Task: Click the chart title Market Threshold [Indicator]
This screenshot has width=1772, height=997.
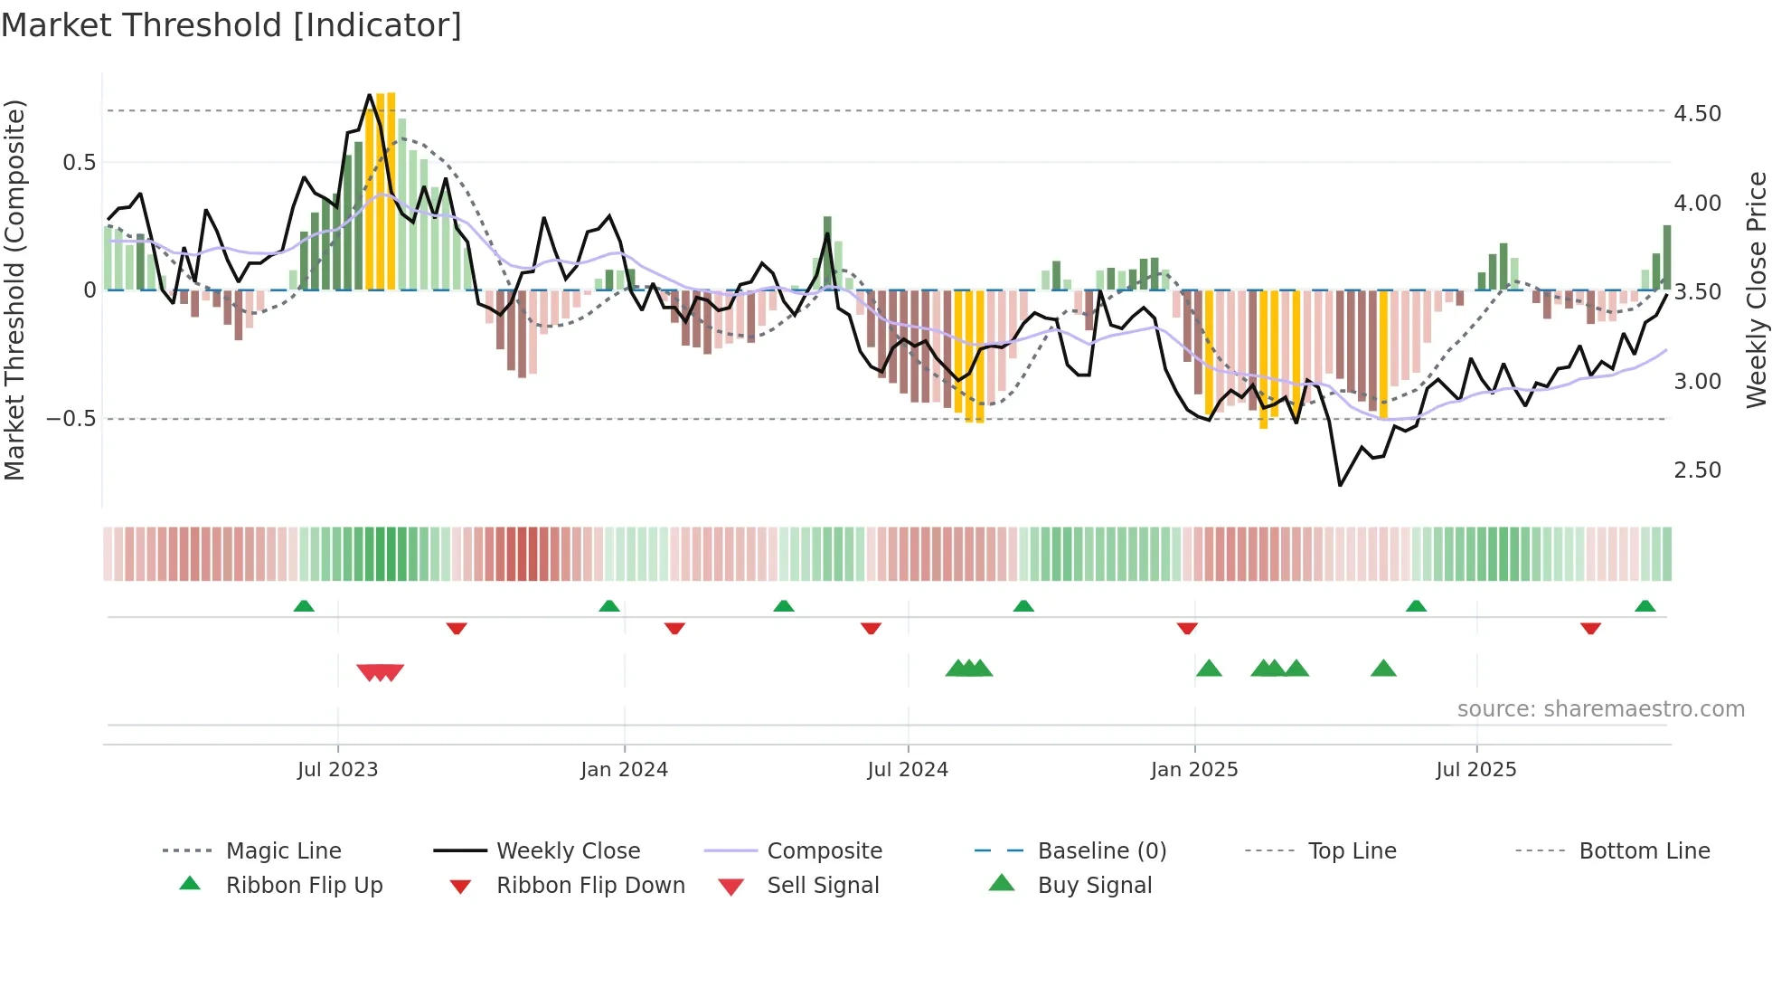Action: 231,25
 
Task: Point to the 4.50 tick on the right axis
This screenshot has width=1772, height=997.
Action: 1697,114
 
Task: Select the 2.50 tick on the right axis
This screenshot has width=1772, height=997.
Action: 1697,470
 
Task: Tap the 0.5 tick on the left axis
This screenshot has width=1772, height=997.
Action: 79,163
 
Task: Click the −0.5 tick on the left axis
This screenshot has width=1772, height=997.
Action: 71,419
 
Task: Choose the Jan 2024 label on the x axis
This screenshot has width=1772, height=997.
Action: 624,770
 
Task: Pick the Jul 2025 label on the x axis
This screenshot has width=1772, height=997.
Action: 1475,770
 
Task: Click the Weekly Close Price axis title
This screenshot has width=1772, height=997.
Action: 1756,290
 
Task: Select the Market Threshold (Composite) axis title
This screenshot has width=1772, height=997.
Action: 14,290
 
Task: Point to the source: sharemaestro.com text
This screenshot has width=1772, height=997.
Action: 1600,709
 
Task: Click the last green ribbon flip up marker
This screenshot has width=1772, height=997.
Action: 1645,606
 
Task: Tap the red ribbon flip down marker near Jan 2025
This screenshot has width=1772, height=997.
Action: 1187,628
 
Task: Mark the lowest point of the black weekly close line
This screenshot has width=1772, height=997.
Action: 1340,485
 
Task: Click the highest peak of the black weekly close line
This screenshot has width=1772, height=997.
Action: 370,95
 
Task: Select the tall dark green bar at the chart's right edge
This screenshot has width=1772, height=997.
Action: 1667,257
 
